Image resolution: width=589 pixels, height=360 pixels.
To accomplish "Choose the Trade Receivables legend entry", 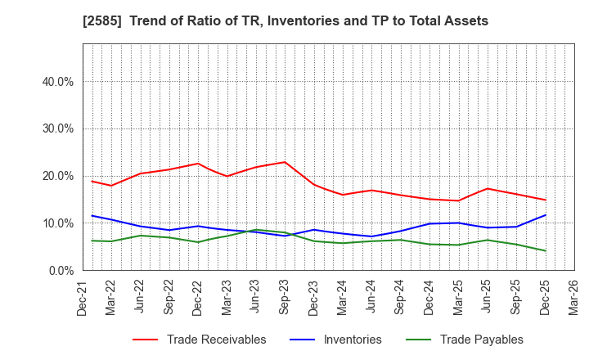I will [216, 340].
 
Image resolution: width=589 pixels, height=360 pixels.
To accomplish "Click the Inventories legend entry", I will [353, 340].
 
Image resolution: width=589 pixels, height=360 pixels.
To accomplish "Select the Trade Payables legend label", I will [481, 340].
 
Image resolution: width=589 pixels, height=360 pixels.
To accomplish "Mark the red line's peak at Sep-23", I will [284, 162].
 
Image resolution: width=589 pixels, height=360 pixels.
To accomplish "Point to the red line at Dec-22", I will [198, 164].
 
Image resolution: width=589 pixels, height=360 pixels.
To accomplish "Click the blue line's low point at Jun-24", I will [371, 236].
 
